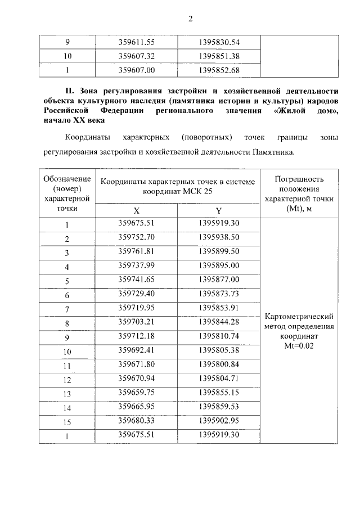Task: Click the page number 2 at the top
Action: coord(191,19)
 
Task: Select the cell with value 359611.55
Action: coord(136,42)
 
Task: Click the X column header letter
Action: coord(136,210)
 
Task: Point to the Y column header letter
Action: coord(219,210)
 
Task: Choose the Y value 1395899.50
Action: coord(219,251)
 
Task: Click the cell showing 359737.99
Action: coord(136,265)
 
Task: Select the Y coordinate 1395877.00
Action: coord(219,280)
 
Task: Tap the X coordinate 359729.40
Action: coord(136,294)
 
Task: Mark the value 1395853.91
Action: coord(219,308)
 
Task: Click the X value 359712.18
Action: coord(136,336)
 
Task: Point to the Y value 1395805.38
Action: coord(219,351)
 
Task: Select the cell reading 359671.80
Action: coord(136,365)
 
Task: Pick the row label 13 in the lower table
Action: coord(67,394)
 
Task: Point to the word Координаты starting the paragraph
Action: coord(88,137)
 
